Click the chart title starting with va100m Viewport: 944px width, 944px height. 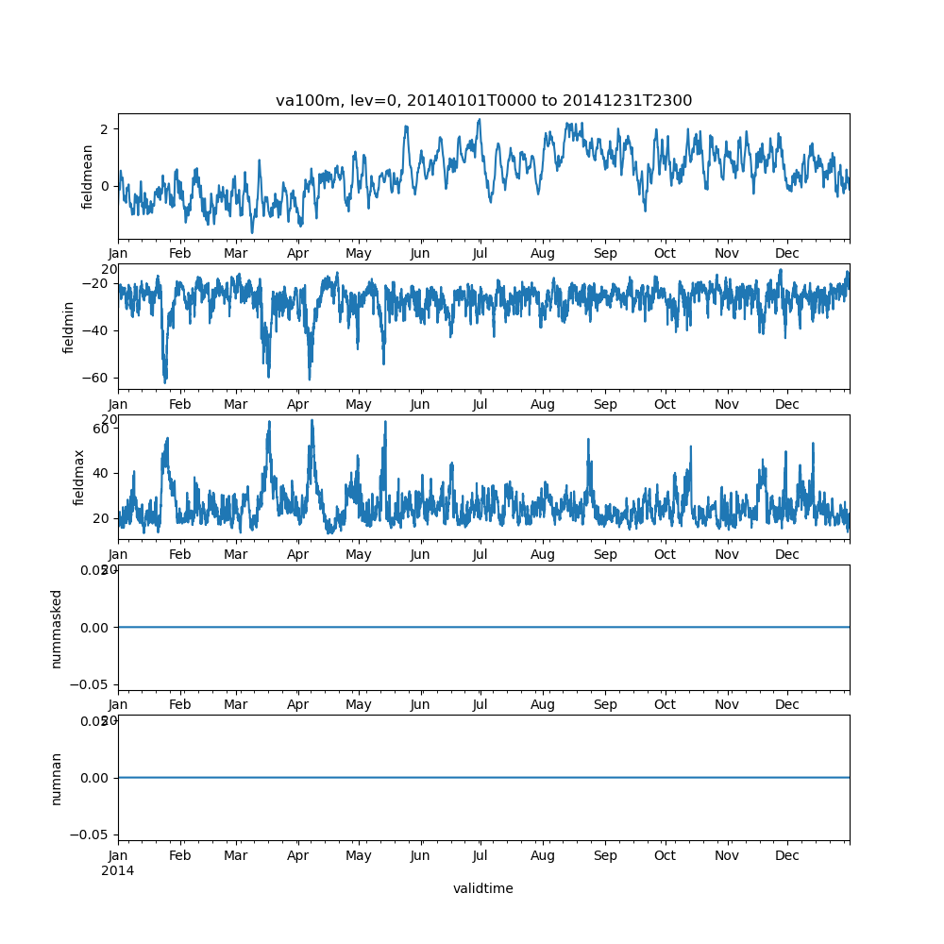[483, 100]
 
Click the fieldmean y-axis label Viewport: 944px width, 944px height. [88, 177]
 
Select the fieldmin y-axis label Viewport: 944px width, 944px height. [69, 327]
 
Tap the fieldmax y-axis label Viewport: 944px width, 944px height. [79, 477]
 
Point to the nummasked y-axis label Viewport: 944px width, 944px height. [57, 628]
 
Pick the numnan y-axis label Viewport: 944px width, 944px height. [57, 778]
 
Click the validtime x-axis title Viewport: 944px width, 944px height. [483, 888]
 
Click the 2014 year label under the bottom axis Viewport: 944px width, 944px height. [118, 870]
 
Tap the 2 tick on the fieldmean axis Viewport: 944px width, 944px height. [106, 128]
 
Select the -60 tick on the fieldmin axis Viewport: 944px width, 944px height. [97, 378]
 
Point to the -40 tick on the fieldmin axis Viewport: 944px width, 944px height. [97, 330]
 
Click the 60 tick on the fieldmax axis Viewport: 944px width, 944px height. [102, 428]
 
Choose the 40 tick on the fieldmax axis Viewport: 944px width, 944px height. [102, 473]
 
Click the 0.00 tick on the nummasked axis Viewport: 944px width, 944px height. [94, 627]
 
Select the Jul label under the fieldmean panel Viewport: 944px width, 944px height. [480, 254]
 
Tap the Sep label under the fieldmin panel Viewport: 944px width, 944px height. [605, 404]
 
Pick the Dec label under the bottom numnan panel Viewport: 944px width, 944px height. [787, 855]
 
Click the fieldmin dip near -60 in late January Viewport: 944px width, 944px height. [165, 380]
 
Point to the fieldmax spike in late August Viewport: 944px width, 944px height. [588, 440]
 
